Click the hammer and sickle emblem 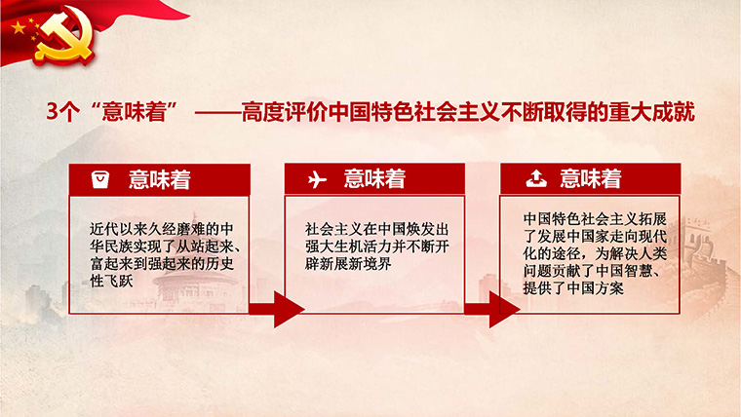point(63,35)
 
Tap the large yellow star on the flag point(19,28)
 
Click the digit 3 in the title point(52,112)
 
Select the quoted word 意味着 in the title point(135,112)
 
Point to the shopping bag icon point(100,179)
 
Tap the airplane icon point(317,179)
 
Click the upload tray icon point(536,179)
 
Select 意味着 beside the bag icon point(160,180)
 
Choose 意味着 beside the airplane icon point(374,179)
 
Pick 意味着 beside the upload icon point(591,179)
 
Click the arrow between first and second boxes point(277,309)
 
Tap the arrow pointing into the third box point(492,309)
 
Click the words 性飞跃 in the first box point(111,282)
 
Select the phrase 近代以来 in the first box point(118,229)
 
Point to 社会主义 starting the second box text point(333,229)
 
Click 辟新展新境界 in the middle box point(348,264)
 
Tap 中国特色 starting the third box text point(552,218)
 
